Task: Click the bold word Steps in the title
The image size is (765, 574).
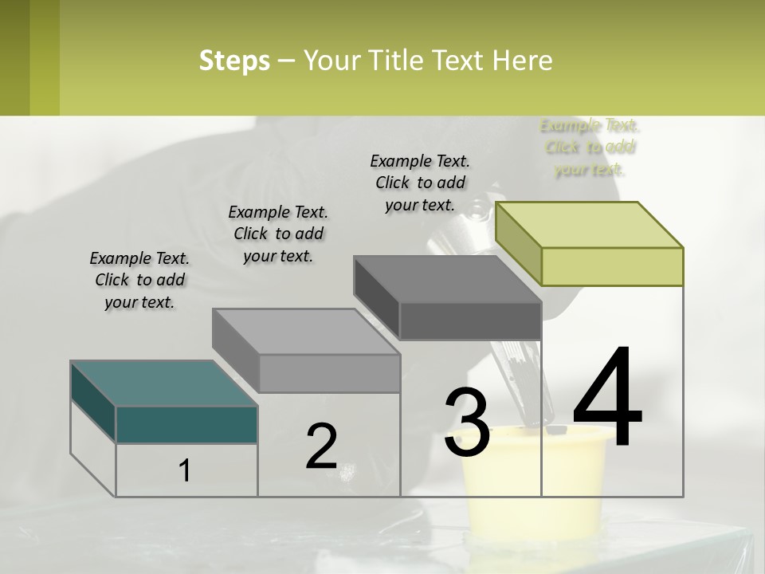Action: click(x=234, y=61)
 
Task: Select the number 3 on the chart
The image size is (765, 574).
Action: click(x=466, y=422)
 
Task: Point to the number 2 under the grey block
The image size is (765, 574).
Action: click(x=321, y=446)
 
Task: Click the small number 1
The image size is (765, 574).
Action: click(x=184, y=471)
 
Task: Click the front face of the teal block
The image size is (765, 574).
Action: click(x=186, y=424)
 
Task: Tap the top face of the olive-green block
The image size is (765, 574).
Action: click(x=590, y=224)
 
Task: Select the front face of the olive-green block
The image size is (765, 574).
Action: click(x=612, y=266)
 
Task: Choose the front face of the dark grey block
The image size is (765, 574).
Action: click(x=470, y=321)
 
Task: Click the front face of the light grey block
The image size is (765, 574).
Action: click(x=329, y=373)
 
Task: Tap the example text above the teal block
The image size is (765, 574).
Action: click(x=139, y=281)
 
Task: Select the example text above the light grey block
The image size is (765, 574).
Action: click(x=278, y=234)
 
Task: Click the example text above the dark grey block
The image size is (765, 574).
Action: click(x=420, y=183)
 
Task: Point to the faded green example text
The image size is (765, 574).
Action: click(x=590, y=147)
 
